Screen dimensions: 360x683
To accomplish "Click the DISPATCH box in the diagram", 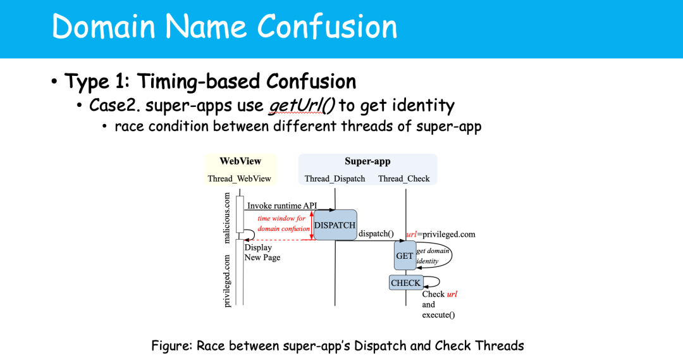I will (335, 225).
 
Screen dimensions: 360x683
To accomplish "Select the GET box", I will (404, 256).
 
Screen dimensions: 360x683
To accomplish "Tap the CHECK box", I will (405, 283).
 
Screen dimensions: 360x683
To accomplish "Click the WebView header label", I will (240, 161).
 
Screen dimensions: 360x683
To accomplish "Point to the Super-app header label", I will (367, 161).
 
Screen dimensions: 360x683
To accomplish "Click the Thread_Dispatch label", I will (335, 178).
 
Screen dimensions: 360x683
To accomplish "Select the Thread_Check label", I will (403, 178).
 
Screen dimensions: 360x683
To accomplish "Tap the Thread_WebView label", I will (239, 178).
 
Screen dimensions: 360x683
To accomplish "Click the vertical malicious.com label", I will (228, 218).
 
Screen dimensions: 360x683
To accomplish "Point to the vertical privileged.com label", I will (228, 281).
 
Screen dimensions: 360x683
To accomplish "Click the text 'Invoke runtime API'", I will (281, 206).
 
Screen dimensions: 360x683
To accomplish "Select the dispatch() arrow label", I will (376, 233).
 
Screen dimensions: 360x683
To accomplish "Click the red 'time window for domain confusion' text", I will (283, 223).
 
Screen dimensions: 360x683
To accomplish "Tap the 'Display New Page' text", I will (262, 252).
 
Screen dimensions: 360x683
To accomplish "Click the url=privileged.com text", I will (440, 234).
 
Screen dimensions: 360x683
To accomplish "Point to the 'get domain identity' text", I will (433, 256).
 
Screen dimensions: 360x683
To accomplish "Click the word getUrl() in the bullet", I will (301, 104).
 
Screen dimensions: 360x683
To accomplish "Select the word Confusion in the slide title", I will (327, 27).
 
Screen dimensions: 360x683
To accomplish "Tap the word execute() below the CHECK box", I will (438, 314).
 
